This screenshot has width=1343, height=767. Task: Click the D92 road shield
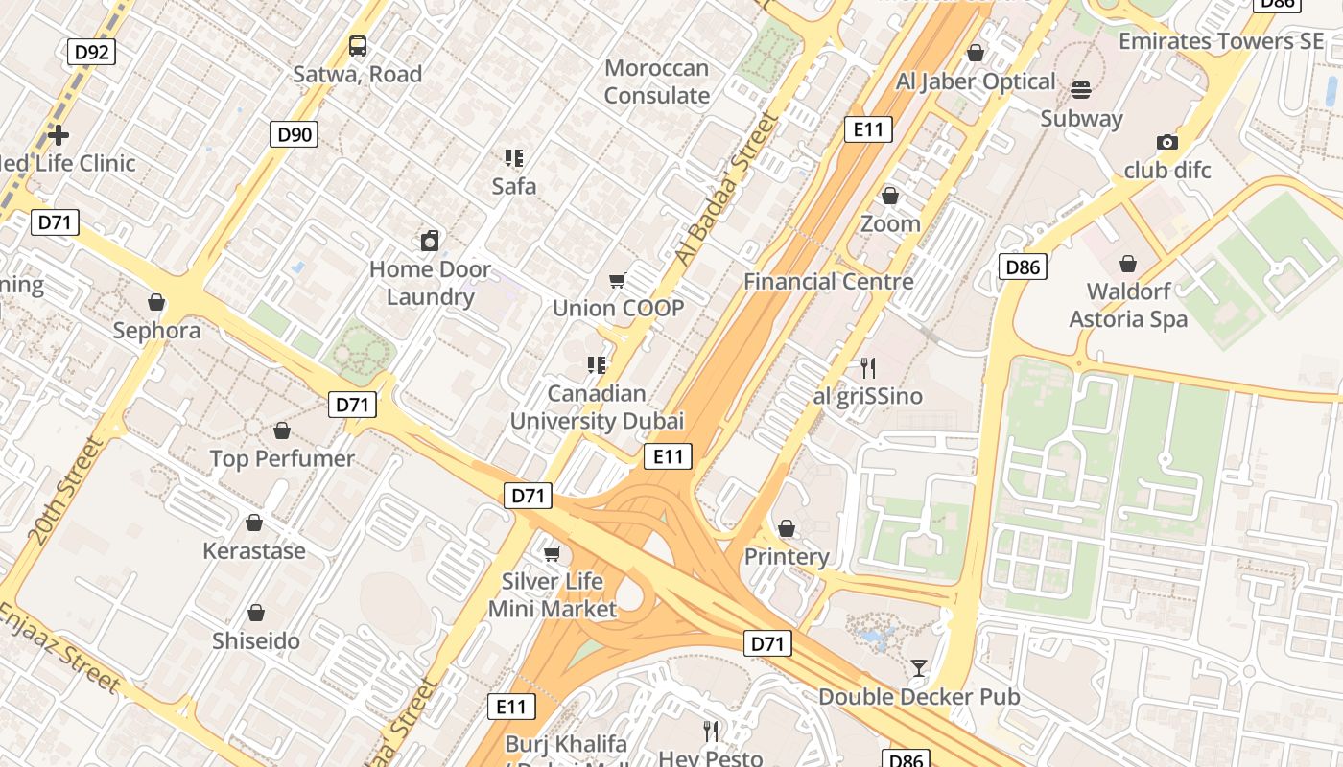click(91, 52)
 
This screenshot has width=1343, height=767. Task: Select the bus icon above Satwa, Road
click(357, 46)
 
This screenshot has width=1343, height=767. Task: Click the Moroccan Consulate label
click(657, 81)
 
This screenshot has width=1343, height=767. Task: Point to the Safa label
click(513, 186)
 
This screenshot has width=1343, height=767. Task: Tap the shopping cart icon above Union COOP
click(618, 281)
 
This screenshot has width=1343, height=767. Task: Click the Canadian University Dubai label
click(597, 407)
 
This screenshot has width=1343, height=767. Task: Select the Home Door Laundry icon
click(430, 241)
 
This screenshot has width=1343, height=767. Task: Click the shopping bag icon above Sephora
click(156, 303)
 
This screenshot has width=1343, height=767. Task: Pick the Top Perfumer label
click(282, 458)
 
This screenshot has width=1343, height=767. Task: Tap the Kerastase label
click(254, 551)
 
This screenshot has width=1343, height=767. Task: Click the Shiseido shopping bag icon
click(256, 613)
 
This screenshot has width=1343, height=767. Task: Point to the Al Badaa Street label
click(725, 190)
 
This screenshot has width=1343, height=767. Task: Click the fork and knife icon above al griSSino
click(868, 367)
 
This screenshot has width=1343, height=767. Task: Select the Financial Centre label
click(829, 282)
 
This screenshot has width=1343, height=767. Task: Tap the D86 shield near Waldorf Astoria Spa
click(1022, 267)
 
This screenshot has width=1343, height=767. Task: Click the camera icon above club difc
click(1167, 142)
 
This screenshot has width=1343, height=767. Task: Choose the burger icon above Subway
click(1081, 90)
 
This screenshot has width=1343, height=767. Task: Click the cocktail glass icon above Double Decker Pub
click(919, 668)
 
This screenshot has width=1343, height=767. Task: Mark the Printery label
click(787, 557)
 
